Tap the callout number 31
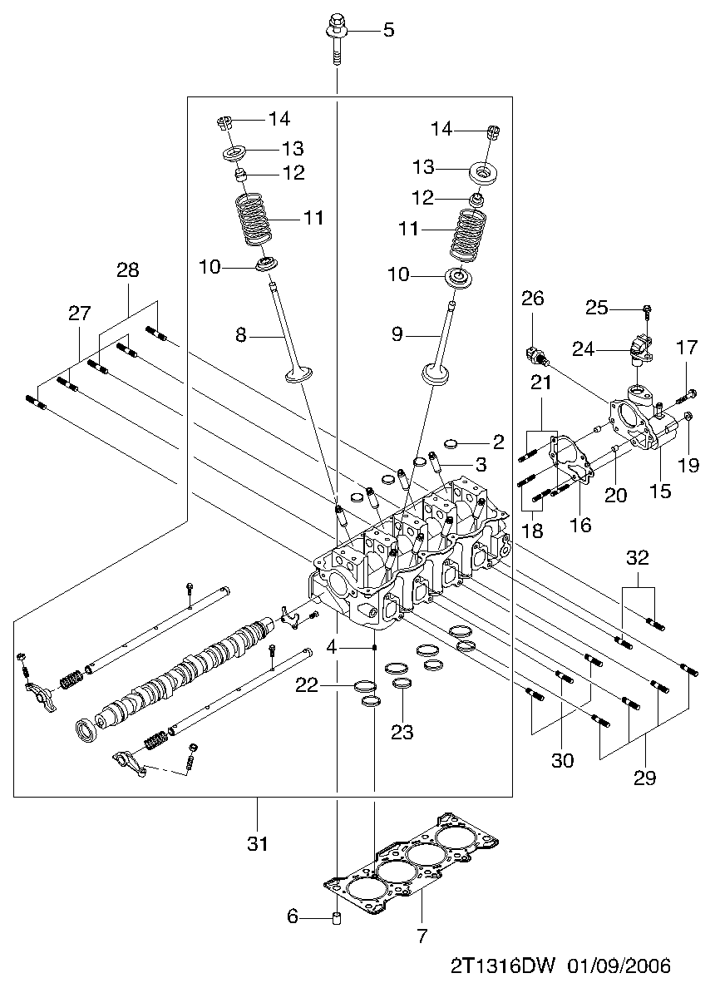click(x=258, y=843)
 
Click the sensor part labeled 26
click(x=537, y=356)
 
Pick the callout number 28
click(x=128, y=270)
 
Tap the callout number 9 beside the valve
click(x=397, y=333)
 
